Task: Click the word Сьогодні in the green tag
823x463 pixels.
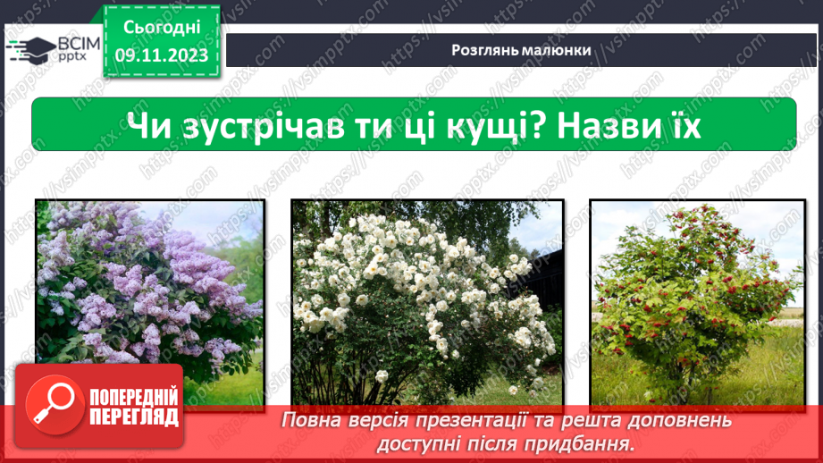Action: pyautogui.click(x=162, y=28)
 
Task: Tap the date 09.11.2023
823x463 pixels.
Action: pyautogui.click(x=162, y=55)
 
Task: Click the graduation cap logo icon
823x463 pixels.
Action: pyautogui.click(x=31, y=50)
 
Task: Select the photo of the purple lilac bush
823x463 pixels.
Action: pyautogui.click(x=150, y=302)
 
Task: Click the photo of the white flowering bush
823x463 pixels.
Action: pyautogui.click(x=427, y=302)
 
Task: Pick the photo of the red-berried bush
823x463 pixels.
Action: pyautogui.click(x=698, y=302)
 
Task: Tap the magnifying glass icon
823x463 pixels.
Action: pyautogui.click(x=55, y=405)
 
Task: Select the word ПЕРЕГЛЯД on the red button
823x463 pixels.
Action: pyautogui.click(x=134, y=417)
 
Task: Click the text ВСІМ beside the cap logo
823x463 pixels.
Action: pyautogui.click(x=79, y=44)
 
